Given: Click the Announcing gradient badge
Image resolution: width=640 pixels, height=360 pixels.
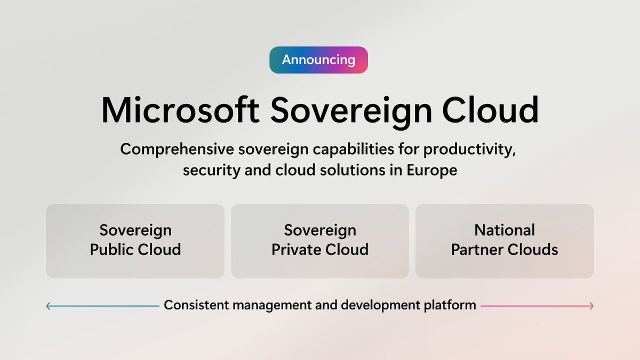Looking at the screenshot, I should point(318,60).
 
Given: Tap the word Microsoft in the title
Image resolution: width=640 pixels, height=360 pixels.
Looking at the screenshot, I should point(180,110).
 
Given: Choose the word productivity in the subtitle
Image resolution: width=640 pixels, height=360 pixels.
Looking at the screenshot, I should point(470,149).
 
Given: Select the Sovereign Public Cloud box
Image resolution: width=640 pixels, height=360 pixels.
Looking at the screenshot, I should point(135,241).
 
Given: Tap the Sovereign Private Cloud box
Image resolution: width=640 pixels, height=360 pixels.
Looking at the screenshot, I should point(320,241).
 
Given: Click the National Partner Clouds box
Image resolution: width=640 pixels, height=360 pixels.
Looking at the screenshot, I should point(505,241).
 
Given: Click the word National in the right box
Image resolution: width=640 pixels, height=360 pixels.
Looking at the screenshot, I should point(505,230).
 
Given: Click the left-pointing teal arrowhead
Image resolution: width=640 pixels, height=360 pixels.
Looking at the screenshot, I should point(49,306).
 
